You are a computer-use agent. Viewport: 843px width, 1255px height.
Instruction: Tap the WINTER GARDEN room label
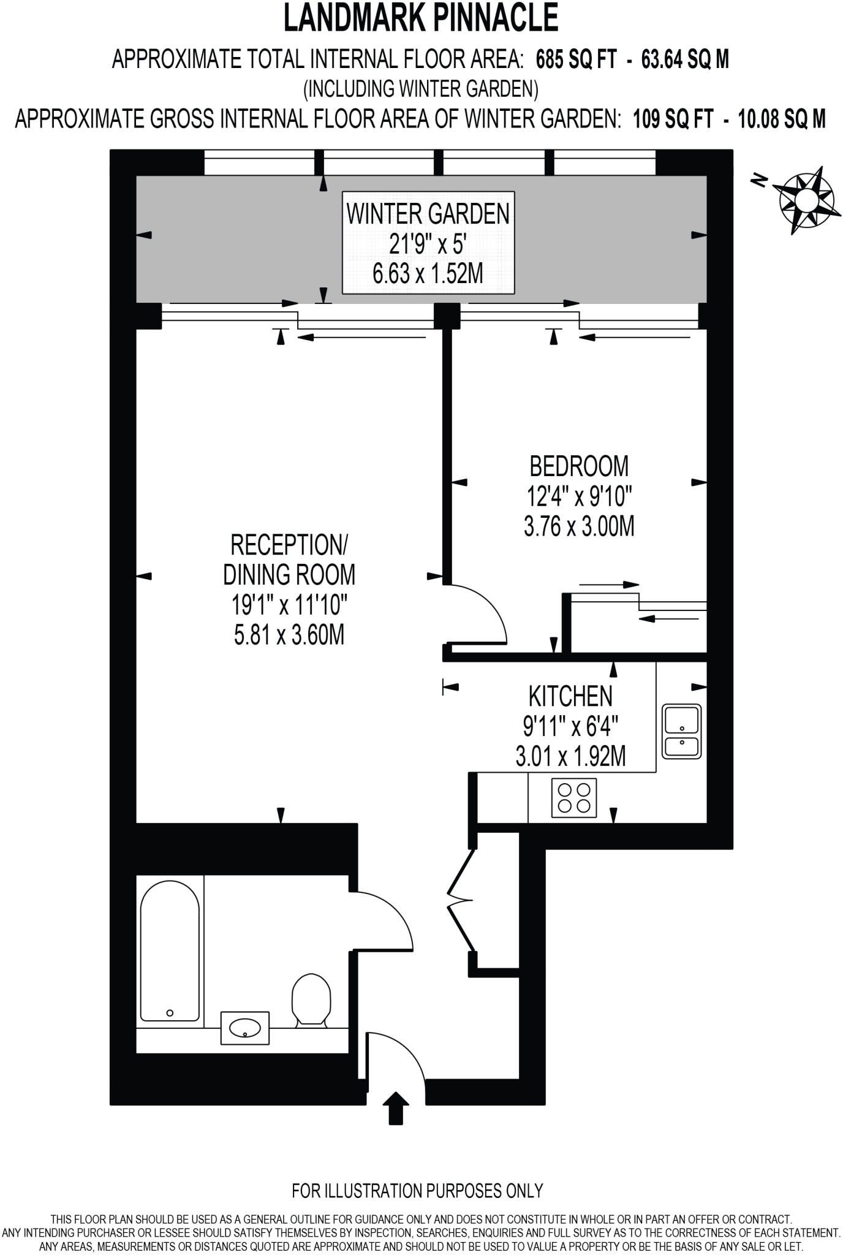pyautogui.click(x=428, y=214)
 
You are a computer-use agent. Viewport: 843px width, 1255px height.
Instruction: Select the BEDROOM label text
pyautogui.click(x=578, y=466)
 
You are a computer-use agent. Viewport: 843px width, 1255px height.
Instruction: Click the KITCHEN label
pyautogui.click(x=570, y=696)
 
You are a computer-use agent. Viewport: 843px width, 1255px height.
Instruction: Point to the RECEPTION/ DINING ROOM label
pyautogui.click(x=289, y=559)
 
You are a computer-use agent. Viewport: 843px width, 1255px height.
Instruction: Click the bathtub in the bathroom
pyautogui.click(x=170, y=951)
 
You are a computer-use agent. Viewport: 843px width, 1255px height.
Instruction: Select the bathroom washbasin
pyautogui.click(x=244, y=1028)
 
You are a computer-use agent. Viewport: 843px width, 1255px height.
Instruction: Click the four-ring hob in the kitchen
pyautogui.click(x=573, y=797)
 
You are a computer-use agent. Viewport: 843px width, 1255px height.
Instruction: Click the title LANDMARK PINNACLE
pyautogui.click(x=421, y=18)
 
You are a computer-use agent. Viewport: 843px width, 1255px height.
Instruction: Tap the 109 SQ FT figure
pyautogui.click(x=673, y=118)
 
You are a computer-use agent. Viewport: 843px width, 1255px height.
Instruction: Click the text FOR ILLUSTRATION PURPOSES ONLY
pyautogui.click(x=417, y=1191)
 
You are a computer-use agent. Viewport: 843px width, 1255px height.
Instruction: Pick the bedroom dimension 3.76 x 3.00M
pyautogui.click(x=578, y=527)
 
